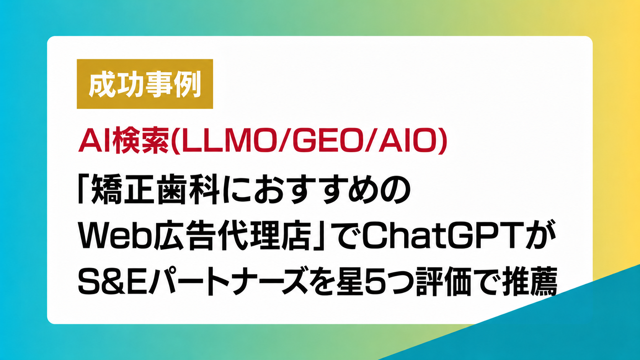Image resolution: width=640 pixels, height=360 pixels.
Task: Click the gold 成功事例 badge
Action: pyautogui.click(x=145, y=84)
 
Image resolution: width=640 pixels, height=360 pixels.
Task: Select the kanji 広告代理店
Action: pyautogui.click(x=232, y=236)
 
